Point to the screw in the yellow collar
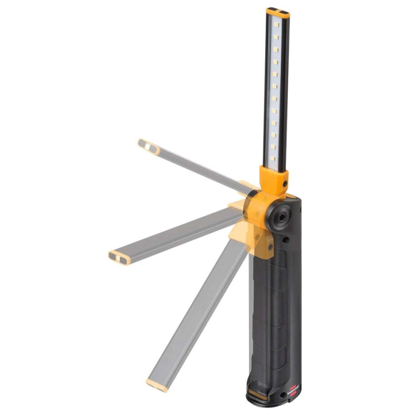[285, 184]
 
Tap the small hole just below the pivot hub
[286, 238]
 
